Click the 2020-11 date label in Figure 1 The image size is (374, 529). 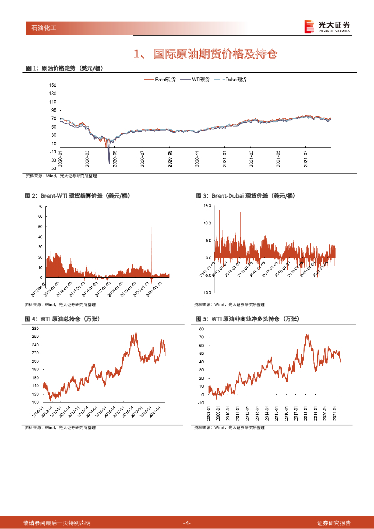(x=197, y=158)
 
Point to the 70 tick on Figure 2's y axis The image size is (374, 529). (x=40, y=206)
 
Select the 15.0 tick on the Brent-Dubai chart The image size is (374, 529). (x=207, y=205)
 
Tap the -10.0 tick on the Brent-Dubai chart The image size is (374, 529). (x=206, y=292)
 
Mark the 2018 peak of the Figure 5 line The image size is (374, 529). (x=307, y=335)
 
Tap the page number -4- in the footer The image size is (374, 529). (x=187, y=523)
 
